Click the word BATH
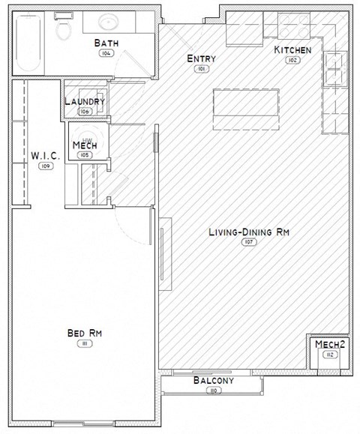[x=106, y=43]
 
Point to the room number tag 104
[x=106, y=53]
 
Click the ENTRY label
[x=201, y=59]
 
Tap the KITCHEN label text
[x=292, y=49]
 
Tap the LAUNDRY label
[x=85, y=102]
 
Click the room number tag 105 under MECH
[x=85, y=155]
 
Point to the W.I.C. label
[x=46, y=155]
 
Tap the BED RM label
[x=84, y=333]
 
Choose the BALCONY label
[x=214, y=381]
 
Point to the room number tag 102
[x=292, y=60]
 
